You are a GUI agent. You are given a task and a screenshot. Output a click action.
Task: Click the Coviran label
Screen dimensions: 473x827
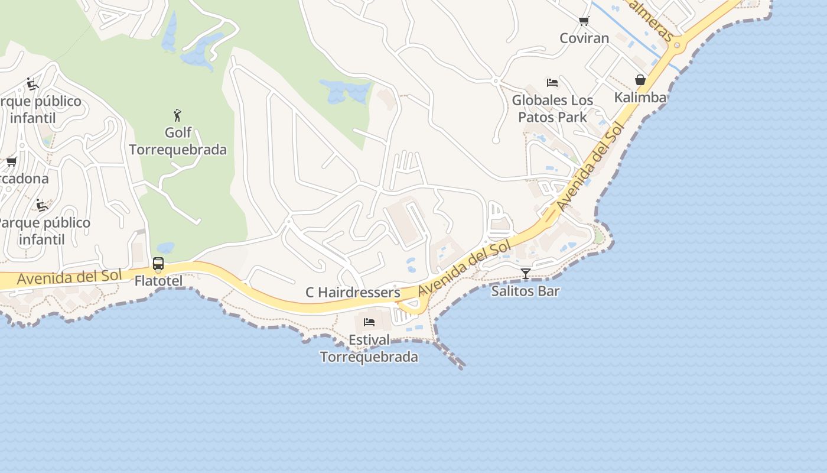pyautogui.click(x=584, y=38)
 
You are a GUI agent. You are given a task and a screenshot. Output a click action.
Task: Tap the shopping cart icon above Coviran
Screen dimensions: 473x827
pyautogui.click(x=584, y=21)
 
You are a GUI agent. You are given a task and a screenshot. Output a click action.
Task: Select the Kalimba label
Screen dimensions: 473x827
pyautogui.click(x=640, y=98)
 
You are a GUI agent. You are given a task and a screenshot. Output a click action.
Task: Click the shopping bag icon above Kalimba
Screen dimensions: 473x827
pyautogui.click(x=640, y=80)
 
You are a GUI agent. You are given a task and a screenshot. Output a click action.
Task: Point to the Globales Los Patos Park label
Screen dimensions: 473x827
pyautogui.click(x=552, y=109)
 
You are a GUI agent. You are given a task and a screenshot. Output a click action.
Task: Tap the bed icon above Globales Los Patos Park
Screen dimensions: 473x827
pyautogui.click(x=552, y=83)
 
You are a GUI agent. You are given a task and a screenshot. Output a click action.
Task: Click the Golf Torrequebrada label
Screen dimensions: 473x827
pyautogui.click(x=178, y=141)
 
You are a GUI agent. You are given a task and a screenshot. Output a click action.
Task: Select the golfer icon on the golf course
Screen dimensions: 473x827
pyautogui.click(x=177, y=115)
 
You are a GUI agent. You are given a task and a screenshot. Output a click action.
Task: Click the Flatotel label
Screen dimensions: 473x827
pyautogui.click(x=158, y=281)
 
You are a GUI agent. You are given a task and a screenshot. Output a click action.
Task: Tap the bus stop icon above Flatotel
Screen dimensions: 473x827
pyautogui.click(x=158, y=264)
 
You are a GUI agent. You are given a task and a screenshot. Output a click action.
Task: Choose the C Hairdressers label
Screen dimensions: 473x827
pyautogui.click(x=353, y=293)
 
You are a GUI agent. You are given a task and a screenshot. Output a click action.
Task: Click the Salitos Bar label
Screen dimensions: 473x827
pyautogui.click(x=525, y=291)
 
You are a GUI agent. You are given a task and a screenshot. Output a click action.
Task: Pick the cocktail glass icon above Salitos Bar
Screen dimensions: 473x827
pyautogui.click(x=525, y=273)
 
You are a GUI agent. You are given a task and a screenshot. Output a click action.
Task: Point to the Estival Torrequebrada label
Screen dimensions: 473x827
pyautogui.click(x=369, y=349)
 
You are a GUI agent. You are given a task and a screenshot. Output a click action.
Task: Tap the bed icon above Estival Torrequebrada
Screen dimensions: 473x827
pyautogui.click(x=369, y=322)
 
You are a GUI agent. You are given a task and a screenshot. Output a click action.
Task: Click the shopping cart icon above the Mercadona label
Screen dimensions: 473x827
pyautogui.click(x=11, y=162)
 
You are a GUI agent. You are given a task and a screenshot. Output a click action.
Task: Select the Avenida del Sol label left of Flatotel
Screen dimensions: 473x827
pyautogui.click(x=69, y=277)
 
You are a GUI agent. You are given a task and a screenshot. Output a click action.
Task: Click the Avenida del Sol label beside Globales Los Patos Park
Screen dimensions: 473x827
pyautogui.click(x=590, y=167)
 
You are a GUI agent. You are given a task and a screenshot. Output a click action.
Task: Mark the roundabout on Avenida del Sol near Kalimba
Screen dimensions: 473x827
pyautogui.click(x=677, y=44)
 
